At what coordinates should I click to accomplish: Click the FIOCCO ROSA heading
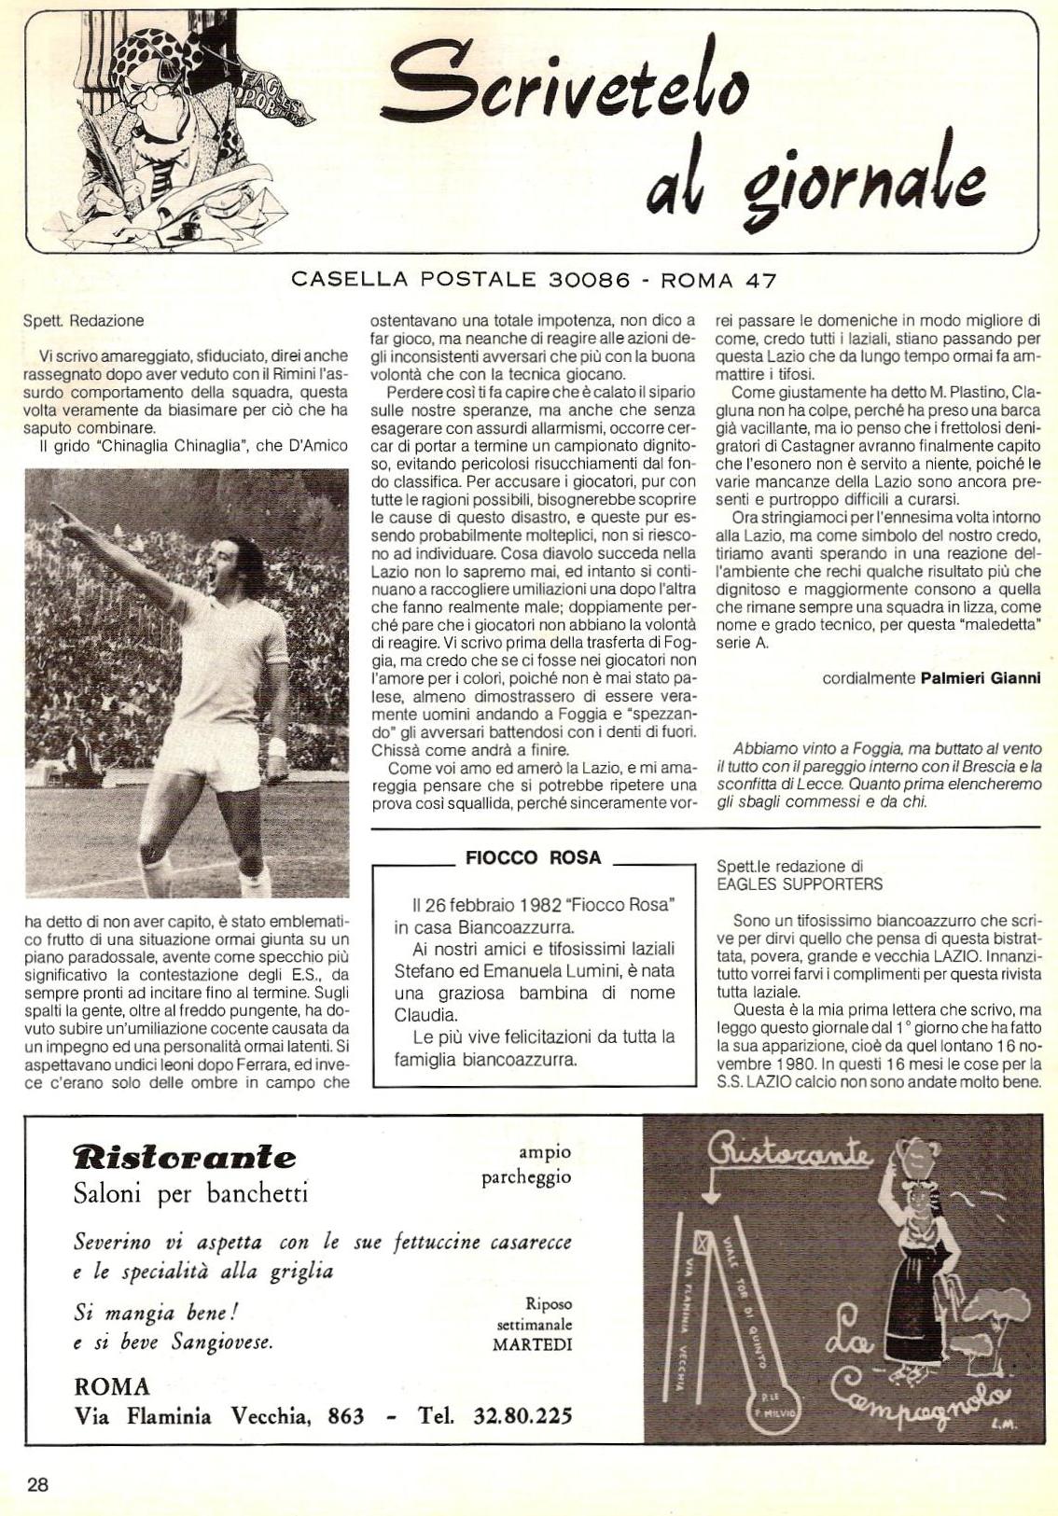533,858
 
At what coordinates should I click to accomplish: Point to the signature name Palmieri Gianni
980,678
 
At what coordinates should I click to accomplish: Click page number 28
37,1485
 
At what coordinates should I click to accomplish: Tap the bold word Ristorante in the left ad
185,1159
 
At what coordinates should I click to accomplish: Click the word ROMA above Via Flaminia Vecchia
111,1386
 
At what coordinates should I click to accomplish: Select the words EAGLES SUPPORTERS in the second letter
799,883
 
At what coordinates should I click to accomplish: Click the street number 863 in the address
346,1416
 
